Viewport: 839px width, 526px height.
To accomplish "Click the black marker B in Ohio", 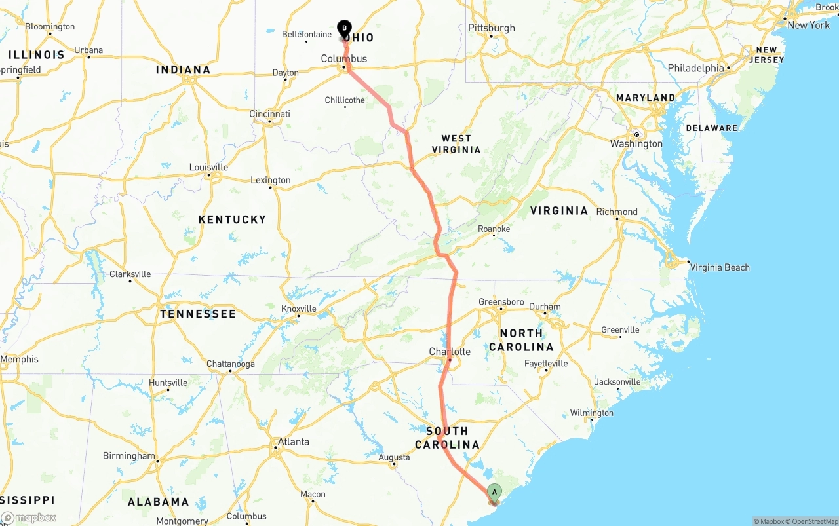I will (x=344, y=28).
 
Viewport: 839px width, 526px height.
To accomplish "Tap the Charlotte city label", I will (x=450, y=352).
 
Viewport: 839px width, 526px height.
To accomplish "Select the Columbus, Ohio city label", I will (x=344, y=58).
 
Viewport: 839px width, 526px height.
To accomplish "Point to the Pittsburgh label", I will (x=492, y=28).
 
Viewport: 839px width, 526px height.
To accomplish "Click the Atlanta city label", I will (x=293, y=441).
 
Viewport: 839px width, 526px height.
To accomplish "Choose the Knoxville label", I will (x=299, y=309).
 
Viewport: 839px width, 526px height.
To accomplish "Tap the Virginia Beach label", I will (x=719, y=267).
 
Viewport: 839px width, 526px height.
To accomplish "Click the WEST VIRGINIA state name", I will (x=456, y=144).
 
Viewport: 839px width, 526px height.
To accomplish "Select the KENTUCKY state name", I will (x=232, y=219).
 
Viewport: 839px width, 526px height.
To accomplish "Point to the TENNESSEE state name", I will (x=198, y=314).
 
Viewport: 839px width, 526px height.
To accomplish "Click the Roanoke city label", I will (x=494, y=229).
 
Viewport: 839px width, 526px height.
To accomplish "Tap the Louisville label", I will (x=208, y=167).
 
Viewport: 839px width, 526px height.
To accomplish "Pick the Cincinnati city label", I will (x=269, y=114).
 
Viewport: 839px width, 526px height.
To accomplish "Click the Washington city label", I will (x=636, y=143).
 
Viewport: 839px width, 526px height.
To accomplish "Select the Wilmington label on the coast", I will (x=591, y=413).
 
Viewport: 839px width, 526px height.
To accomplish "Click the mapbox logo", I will (x=29, y=517).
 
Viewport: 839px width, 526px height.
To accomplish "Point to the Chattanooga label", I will (x=231, y=364).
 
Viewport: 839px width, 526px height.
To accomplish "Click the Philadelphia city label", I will (x=696, y=68).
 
